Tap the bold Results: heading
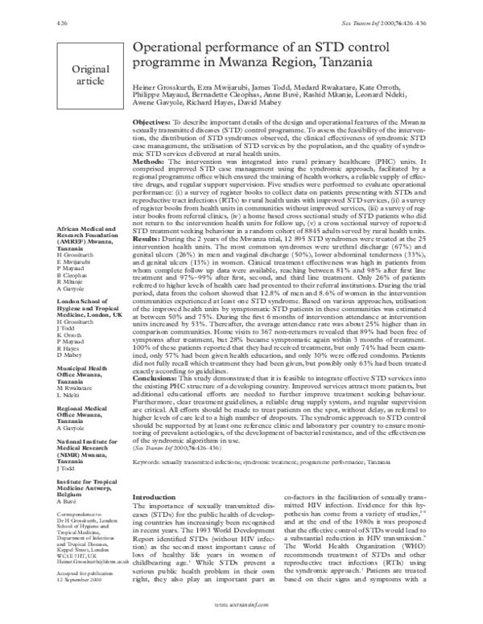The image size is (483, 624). [x=151, y=239]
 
